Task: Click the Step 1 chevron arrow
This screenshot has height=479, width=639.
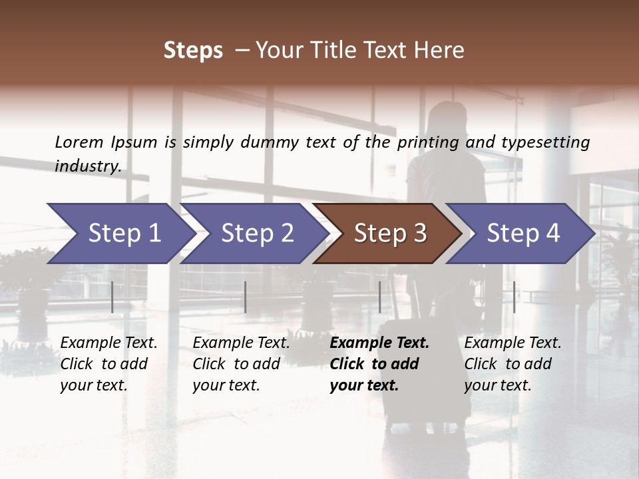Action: click(x=120, y=234)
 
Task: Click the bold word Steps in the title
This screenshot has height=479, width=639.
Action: click(x=193, y=50)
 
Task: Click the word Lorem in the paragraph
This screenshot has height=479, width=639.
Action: click(x=79, y=142)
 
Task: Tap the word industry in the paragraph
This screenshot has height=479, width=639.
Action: click(x=87, y=166)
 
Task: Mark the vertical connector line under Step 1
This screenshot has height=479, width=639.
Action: click(x=112, y=297)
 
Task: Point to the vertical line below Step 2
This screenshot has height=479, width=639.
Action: click(x=246, y=297)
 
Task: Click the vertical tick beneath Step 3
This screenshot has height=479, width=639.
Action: click(x=380, y=297)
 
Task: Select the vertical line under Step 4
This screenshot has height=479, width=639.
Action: click(x=515, y=297)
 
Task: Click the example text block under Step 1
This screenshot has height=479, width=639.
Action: click(x=108, y=364)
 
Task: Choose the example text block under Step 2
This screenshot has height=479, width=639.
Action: click(x=241, y=364)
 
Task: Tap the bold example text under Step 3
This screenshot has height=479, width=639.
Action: click(x=379, y=364)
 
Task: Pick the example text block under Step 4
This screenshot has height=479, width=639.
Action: click(x=513, y=364)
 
